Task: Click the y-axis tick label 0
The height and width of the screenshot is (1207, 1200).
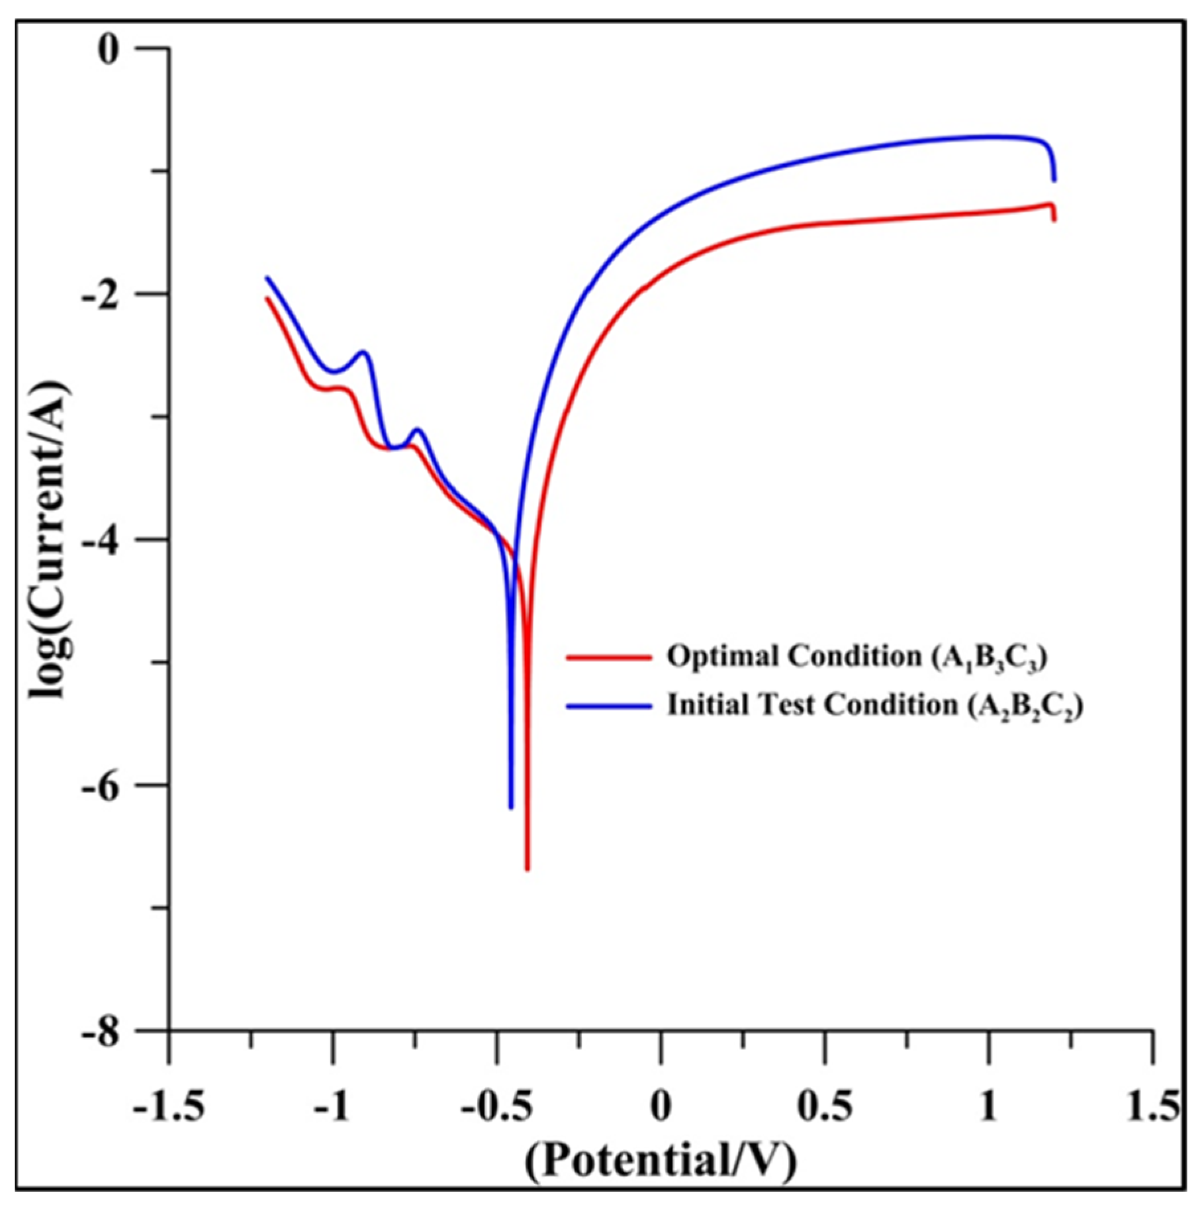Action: pos(108,50)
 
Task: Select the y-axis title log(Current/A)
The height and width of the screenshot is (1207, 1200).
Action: pos(50,540)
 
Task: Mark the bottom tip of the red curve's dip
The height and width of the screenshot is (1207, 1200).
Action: pos(528,869)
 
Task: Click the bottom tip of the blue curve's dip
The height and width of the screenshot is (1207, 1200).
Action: pos(511,807)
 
